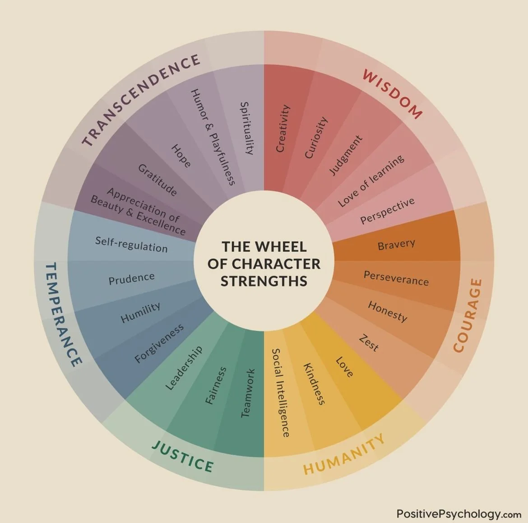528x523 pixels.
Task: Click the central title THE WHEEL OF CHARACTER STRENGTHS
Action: (264, 264)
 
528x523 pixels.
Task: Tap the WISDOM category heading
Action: (392, 94)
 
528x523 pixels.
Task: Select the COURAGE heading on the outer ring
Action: (468, 315)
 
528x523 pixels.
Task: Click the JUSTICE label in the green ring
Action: (183, 456)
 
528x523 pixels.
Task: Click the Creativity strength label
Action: (283, 129)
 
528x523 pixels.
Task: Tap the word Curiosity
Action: (316, 138)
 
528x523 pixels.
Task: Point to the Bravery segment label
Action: (396, 245)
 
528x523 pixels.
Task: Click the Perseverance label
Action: (396, 278)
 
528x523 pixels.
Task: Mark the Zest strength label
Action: (369, 342)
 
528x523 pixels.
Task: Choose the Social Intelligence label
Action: (281, 393)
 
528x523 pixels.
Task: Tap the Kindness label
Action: (314, 384)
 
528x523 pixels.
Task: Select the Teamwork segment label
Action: (248, 393)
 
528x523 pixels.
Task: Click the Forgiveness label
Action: (159, 343)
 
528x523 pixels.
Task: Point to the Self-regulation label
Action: (131, 244)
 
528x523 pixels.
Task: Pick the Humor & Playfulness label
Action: (213, 137)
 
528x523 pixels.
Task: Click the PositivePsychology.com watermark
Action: (459, 514)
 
